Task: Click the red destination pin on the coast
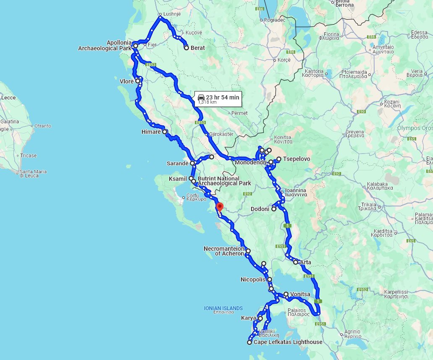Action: coord(219,207)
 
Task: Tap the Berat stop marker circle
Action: coord(186,48)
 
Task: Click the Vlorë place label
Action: coord(126,81)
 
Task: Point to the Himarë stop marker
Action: coord(165,132)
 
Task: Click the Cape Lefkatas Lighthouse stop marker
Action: coord(249,342)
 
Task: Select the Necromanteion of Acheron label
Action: coord(224,251)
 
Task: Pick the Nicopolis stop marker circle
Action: coord(270,279)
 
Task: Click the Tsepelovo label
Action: coord(297,159)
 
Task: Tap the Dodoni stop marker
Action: coord(274,209)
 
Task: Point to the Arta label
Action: coord(305,262)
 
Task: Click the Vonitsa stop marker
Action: coord(286,295)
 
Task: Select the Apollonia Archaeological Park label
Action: coord(105,46)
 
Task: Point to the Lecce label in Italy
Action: coord(8,98)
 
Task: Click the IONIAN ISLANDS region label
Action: coord(223,308)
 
